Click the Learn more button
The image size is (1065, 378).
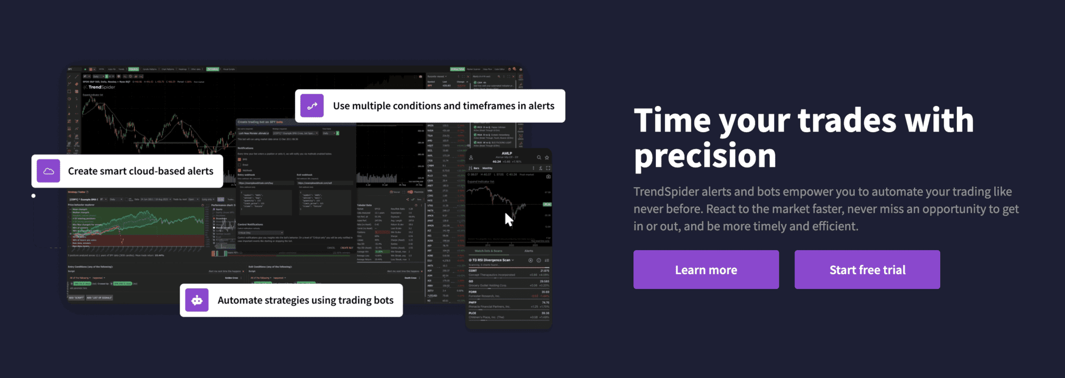[706, 270]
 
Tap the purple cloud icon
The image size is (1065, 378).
[48, 171]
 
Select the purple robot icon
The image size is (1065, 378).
[197, 300]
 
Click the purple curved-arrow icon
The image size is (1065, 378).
[312, 106]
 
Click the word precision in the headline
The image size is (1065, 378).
[705, 156]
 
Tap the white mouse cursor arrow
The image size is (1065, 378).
[509, 220]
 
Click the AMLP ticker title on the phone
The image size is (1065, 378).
[506, 153]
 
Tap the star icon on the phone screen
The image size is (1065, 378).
[547, 157]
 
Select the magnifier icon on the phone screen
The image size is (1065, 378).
[539, 157]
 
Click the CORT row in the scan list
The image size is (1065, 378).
[509, 273]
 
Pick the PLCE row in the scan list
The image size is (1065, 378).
[509, 315]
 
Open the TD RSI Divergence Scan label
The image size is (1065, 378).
[491, 260]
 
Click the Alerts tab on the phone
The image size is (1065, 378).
[528, 251]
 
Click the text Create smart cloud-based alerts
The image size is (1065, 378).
[140, 171]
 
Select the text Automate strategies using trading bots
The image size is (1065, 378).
[305, 300]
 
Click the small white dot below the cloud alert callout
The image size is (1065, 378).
[33, 196]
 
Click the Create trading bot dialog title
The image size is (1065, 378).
[260, 122]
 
